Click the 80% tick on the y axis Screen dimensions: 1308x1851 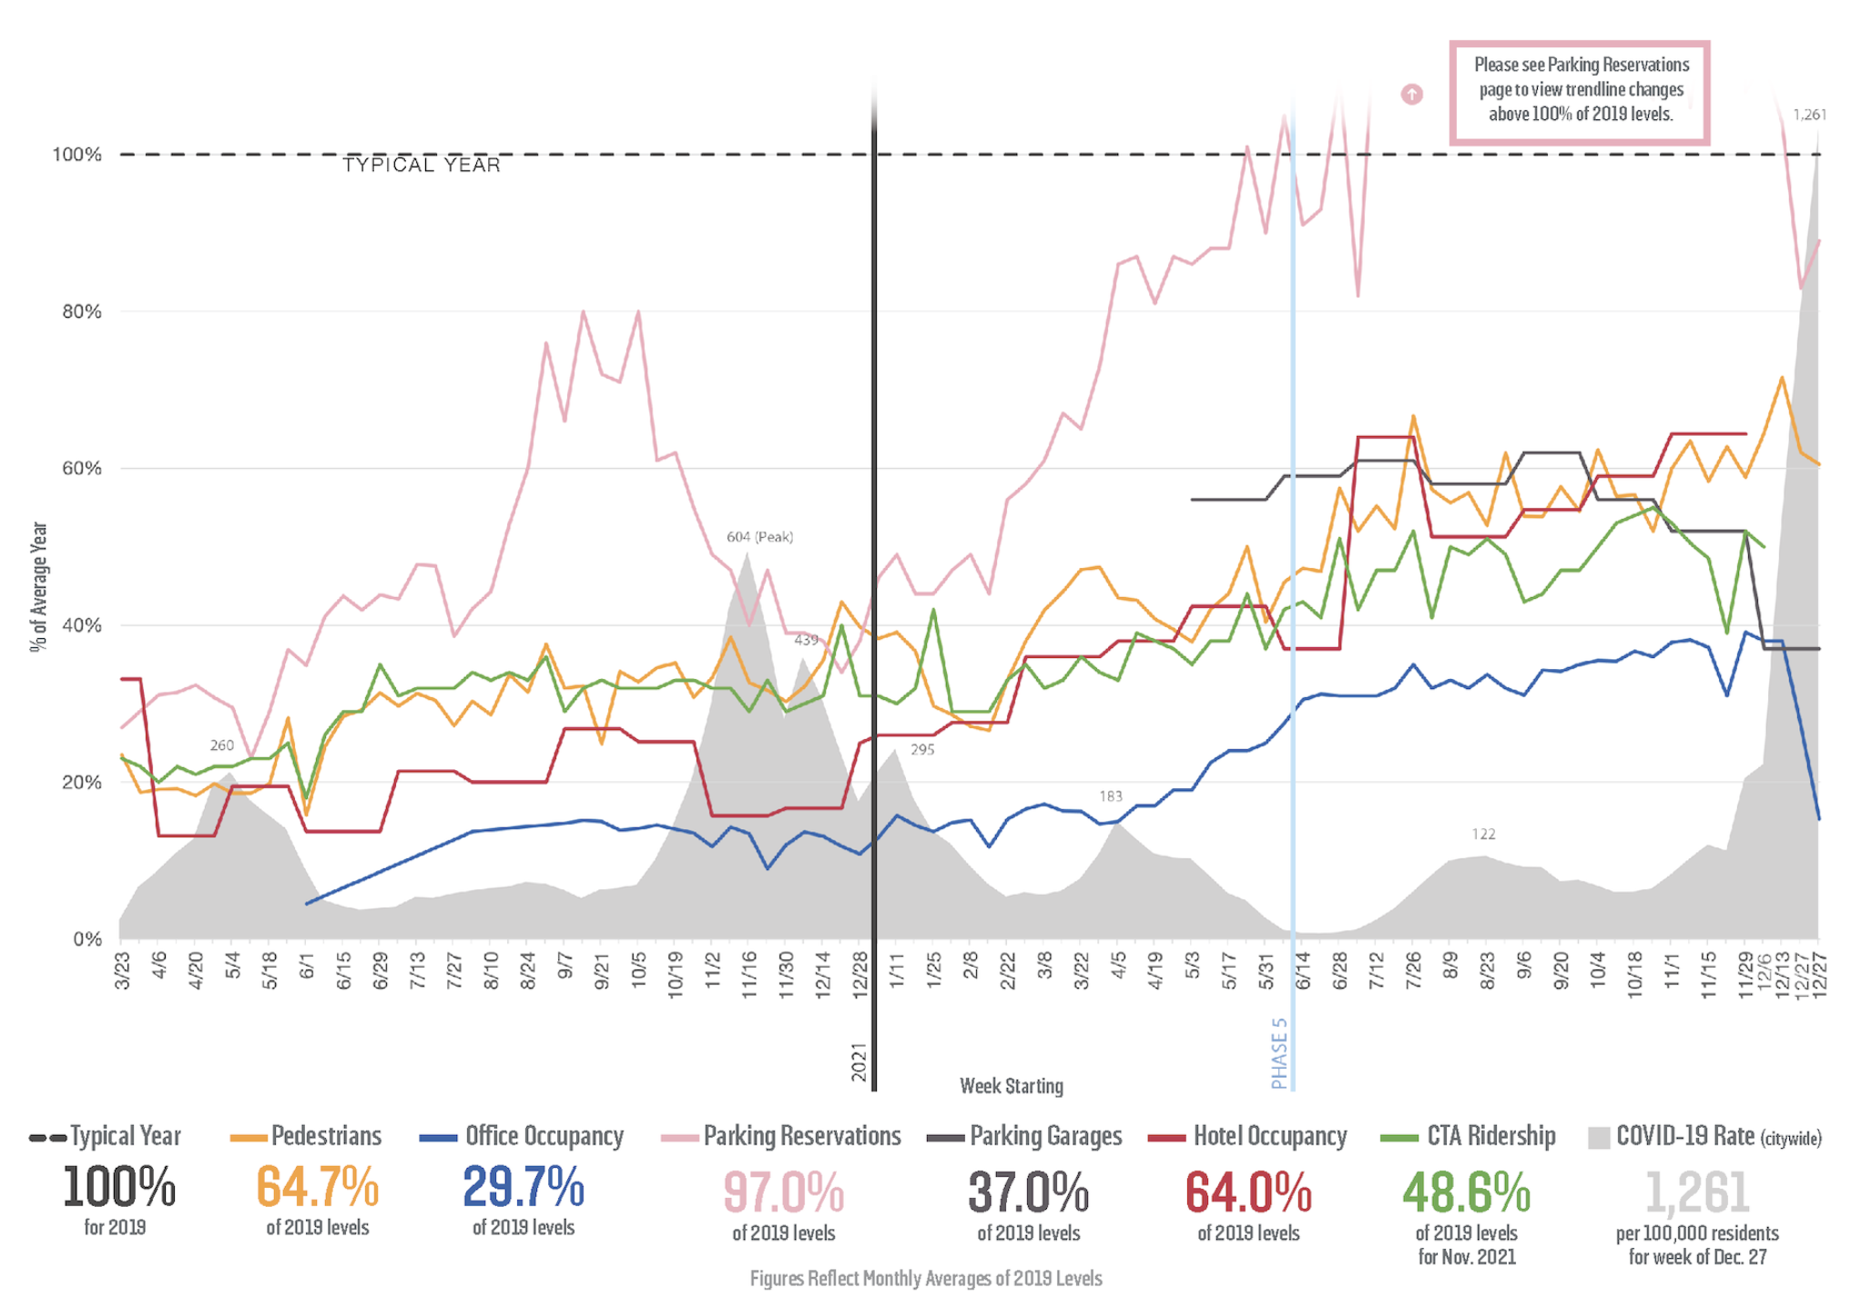point(81,312)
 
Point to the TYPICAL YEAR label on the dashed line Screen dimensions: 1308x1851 point(422,165)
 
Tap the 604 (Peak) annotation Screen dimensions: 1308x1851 point(759,537)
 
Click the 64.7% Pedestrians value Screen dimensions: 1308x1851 point(317,1187)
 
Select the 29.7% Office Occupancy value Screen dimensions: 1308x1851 point(524,1187)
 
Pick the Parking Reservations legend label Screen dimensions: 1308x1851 point(801,1136)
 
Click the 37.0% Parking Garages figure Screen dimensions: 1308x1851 point(1028,1192)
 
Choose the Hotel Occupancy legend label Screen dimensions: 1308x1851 point(1269,1136)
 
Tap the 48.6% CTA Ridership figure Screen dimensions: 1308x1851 point(1466,1192)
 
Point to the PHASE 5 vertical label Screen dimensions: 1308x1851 point(1279,1053)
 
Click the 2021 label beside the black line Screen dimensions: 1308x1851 point(859,1062)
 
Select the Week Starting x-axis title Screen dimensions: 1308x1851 point(1011,1086)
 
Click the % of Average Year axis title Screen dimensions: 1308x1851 point(38,586)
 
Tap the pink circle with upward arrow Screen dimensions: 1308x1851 point(1411,94)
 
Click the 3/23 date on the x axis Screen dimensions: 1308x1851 point(122,970)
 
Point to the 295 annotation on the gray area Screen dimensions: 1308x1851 point(922,750)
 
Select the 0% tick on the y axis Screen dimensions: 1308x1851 point(87,939)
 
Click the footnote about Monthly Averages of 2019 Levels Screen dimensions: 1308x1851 point(925,1279)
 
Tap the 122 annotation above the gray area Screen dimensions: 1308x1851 point(1483,835)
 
